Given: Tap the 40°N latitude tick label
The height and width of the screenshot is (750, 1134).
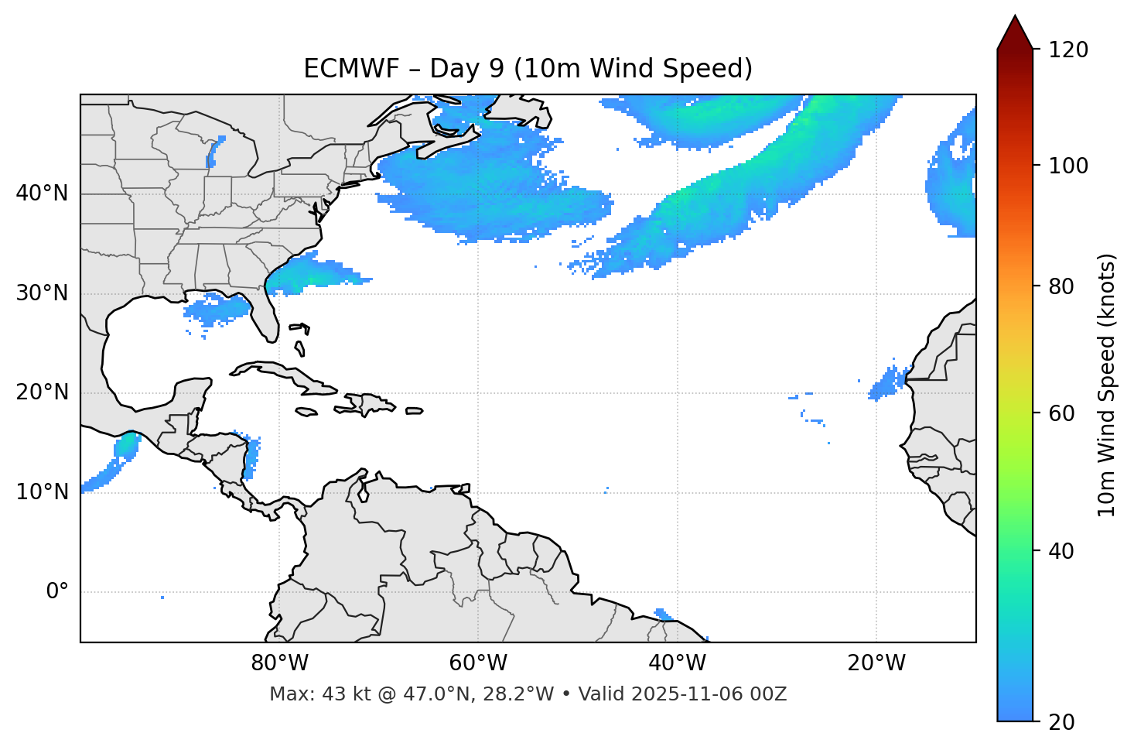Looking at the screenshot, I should pyautogui.click(x=42, y=193).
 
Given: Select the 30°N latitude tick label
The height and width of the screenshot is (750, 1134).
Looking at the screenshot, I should pyautogui.click(x=42, y=293).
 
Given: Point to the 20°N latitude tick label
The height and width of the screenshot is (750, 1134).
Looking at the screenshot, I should pyautogui.click(x=42, y=392).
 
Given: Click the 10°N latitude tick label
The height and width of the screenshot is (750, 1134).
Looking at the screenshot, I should pyautogui.click(x=42, y=492).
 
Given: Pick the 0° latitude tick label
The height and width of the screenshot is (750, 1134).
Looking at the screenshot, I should pyautogui.click(x=57, y=592).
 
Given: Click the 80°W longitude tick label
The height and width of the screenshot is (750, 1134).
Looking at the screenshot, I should pyautogui.click(x=279, y=663).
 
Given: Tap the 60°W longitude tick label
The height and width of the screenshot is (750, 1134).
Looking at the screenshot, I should pyautogui.click(x=478, y=663).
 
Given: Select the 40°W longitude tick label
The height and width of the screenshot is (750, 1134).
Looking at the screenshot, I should pyautogui.click(x=677, y=663).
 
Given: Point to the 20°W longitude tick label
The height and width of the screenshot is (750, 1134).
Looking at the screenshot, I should pyautogui.click(x=876, y=663).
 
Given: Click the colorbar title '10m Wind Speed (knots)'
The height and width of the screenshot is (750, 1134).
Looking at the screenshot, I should pyautogui.click(x=1107, y=385).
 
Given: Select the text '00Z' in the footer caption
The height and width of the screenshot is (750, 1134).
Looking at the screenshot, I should pyautogui.click(x=770, y=694).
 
